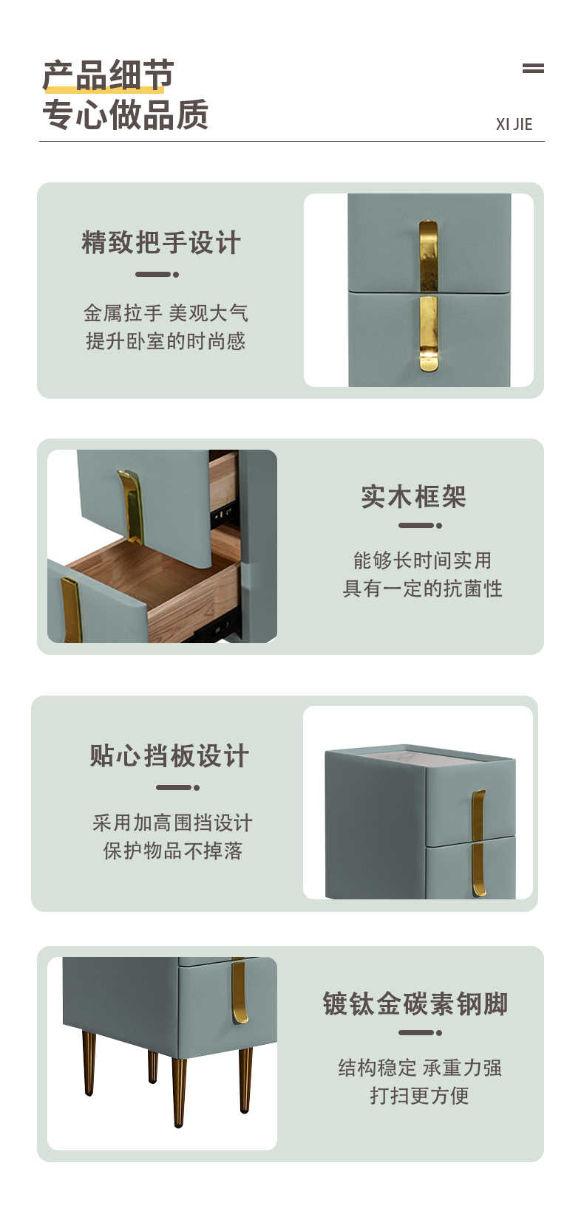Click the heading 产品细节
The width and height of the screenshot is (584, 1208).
point(108,75)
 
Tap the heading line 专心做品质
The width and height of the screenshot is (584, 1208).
point(125,114)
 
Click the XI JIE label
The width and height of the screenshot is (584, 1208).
point(514,125)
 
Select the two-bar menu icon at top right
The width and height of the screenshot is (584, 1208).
point(533,68)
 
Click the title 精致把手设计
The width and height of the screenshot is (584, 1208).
point(161,242)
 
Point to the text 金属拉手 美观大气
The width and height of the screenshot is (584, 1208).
point(166,313)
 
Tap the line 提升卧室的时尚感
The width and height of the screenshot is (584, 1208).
point(166,341)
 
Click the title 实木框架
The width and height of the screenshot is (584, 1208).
point(413,496)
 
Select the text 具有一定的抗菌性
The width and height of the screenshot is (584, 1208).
point(423,588)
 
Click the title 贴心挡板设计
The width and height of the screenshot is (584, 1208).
point(169,755)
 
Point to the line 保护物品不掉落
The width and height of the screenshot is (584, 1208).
point(173,851)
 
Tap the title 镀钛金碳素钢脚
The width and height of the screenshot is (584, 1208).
point(415,1003)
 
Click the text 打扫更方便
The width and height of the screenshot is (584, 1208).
point(419,1095)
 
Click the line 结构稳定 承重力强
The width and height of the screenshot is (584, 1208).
point(420,1067)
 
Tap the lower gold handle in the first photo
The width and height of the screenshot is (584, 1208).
point(429,333)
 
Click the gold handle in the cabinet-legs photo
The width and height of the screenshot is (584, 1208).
point(240,992)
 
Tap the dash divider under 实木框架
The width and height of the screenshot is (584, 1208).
point(421,525)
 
